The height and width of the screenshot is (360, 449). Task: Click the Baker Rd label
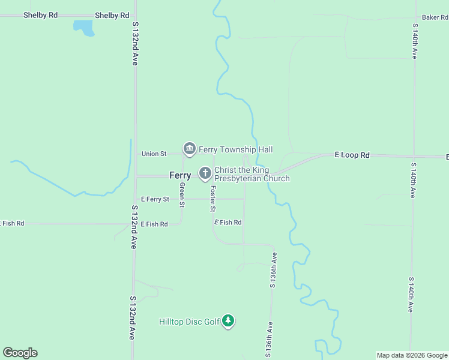pos(435,17)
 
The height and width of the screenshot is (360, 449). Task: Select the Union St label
pos(154,154)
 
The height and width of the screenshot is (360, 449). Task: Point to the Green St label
pos(182,195)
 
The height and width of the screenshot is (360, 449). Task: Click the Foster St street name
pos(212,199)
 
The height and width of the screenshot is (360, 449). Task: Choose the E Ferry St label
pos(155,199)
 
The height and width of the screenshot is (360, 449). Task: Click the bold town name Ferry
pos(180,175)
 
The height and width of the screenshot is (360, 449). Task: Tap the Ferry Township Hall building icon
pos(190,148)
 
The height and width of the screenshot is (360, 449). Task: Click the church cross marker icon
pos(205,174)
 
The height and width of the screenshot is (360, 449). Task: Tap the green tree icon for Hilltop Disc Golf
pos(228,321)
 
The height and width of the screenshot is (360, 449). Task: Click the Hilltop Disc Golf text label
pos(189,322)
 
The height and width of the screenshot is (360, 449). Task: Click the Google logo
pos(20,353)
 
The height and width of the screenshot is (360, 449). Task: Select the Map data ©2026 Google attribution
pos(412,355)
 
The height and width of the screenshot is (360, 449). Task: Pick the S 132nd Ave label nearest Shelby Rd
pos(136,43)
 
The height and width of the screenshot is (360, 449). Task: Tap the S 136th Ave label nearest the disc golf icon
pos(270,340)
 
